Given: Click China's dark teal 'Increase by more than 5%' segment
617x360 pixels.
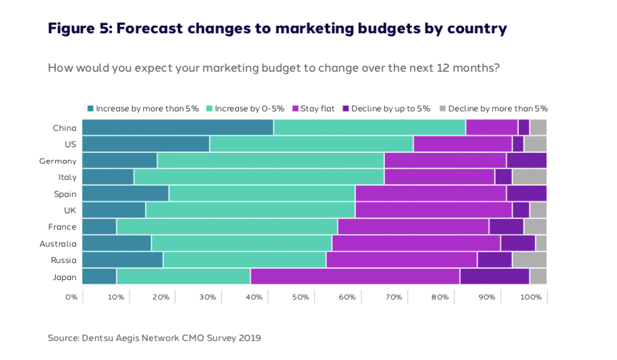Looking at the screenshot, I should [177, 127].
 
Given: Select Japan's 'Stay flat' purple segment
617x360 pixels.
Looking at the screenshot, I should [355, 276].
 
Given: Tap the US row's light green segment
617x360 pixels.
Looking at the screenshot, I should [311, 143].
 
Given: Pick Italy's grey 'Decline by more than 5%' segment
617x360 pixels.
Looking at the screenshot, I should [529, 177].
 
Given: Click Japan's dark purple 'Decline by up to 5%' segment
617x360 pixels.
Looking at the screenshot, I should [494, 276].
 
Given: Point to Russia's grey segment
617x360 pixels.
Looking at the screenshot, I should [529, 260].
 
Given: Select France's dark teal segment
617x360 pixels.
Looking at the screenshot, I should [99, 227].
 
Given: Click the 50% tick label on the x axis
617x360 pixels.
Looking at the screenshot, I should [301, 296].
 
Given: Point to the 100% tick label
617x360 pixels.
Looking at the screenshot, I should [531, 296].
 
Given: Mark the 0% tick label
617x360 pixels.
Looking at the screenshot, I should [71, 296].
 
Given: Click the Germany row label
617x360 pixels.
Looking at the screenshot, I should [58, 160].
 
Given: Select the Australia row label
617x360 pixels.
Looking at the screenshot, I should [58, 244].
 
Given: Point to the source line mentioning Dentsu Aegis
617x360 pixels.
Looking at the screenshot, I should [154, 338].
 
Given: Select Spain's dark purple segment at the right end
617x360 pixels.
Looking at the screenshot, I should [526, 193].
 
